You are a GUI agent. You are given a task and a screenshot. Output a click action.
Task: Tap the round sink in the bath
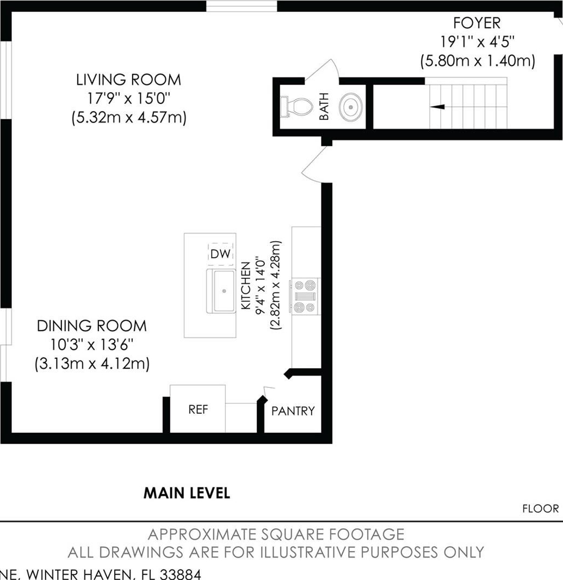[350, 107]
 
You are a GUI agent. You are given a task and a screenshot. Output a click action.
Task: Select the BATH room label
[324, 107]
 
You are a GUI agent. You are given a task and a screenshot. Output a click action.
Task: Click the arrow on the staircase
[438, 107]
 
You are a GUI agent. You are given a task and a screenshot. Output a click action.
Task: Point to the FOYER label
[477, 23]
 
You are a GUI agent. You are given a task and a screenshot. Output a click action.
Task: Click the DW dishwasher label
[220, 254]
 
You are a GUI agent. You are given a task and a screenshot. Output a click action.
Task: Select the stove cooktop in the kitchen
[306, 296]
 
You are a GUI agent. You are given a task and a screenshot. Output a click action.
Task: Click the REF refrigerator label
[198, 410]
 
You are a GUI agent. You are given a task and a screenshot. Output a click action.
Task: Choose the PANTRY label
[293, 411]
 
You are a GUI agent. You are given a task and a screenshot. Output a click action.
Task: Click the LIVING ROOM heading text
[128, 80]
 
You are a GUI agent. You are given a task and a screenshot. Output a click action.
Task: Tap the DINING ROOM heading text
[92, 326]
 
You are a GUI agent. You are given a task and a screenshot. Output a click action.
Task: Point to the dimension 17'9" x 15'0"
[128, 99]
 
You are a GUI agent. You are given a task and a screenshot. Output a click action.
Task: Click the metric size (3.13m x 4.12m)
[92, 364]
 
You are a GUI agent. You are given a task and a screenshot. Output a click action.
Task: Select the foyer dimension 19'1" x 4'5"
[477, 42]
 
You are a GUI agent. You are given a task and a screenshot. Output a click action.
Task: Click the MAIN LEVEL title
[187, 493]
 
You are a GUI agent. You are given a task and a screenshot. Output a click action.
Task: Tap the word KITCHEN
[246, 285]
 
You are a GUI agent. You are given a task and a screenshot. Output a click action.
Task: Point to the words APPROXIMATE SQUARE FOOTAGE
[276, 534]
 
